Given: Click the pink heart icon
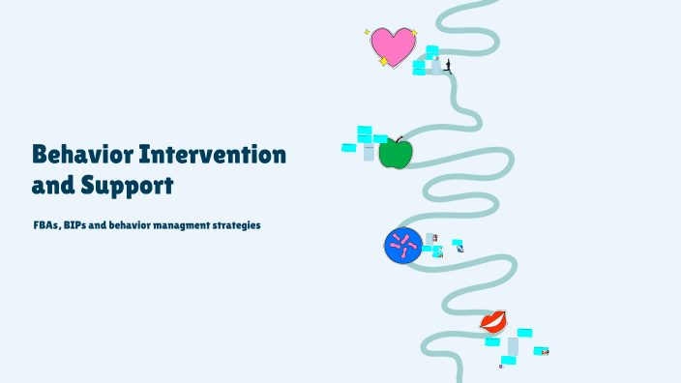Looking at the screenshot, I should tap(392, 45).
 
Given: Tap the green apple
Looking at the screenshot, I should tap(395, 153).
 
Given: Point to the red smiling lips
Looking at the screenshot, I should tap(493, 321).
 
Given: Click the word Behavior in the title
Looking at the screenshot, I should tap(81, 154).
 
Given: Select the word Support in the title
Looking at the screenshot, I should tap(124, 184).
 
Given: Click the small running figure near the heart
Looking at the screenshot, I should tap(447, 67).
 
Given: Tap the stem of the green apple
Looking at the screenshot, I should tap(399, 139).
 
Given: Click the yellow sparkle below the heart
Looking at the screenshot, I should tap(383, 62).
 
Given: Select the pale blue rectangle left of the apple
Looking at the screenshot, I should tap(369, 153).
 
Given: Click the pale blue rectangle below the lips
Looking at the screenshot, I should tap(513, 345).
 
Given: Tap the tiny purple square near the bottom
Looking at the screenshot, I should tap(500, 367).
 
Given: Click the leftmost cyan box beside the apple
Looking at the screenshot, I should tap(348, 148).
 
